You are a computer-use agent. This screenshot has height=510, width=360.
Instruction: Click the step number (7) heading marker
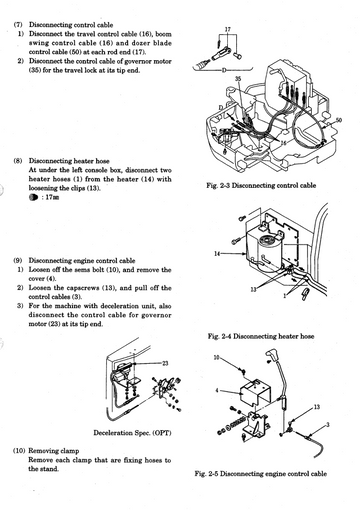(18, 25)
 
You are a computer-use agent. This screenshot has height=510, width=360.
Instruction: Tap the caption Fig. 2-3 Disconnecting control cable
(261, 185)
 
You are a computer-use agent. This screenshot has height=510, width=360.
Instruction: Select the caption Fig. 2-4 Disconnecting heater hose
(261, 336)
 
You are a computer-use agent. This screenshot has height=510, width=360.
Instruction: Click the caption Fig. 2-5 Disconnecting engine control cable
(261, 474)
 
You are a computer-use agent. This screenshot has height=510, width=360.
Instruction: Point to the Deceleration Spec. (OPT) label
(132, 433)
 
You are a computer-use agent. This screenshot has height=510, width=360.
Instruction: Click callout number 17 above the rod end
(228, 30)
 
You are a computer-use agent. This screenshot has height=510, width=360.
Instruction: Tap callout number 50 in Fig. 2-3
(339, 120)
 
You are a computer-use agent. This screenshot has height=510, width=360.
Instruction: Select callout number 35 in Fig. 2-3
(238, 79)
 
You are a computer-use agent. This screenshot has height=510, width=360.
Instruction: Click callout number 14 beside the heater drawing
(217, 254)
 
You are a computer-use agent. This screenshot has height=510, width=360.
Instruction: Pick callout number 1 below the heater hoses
(285, 296)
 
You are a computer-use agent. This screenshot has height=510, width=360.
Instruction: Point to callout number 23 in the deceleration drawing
(165, 363)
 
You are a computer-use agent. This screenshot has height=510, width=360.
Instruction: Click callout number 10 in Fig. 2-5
(217, 358)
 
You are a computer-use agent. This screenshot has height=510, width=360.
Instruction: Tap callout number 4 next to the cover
(217, 390)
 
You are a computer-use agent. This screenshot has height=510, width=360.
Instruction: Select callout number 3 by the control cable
(328, 424)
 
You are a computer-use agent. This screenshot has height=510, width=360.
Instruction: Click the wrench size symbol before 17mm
(33, 197)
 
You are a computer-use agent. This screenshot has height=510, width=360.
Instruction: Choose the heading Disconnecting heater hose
(69, 161)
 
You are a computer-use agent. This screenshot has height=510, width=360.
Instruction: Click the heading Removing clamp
(54, 451)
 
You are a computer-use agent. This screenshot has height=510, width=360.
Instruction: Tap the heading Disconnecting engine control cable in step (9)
(82, 261)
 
